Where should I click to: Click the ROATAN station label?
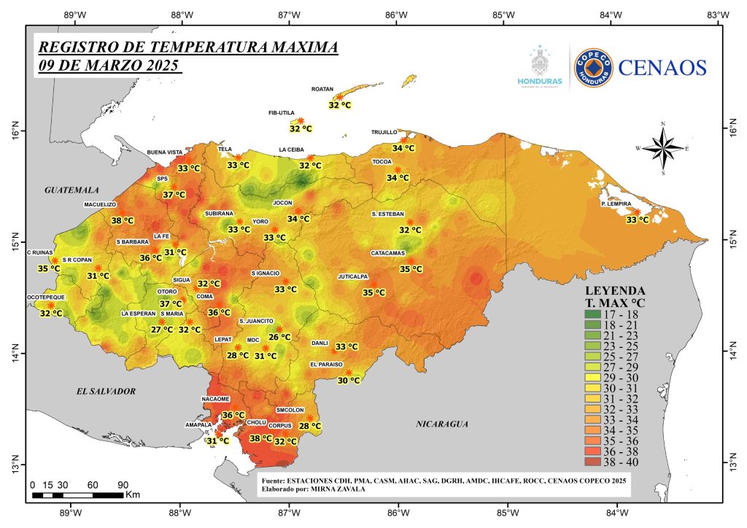pyautogui.click(x=322, y=89)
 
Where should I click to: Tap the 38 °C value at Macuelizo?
pyautogui.click(x=123, y=220)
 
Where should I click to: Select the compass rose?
pyautogui.click(x=662, y=148)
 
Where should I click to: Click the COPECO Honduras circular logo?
pyautogui.click(x=593, y=68)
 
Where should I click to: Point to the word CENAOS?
pyautogui.click(x=662, y=68)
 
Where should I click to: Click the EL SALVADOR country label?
pyautogui.click(x=107, y=392)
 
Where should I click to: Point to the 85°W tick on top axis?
pyautogui.click(x=504, y=14)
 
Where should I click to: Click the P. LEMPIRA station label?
pyautogui.click(x=615, y=203)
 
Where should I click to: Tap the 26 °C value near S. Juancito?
pyautogui.click(x=279, y=337)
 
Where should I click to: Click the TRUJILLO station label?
pyautogui.click(x=384, y=132)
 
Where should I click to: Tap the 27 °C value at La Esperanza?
pyautogui.click(x=162, y=330)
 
